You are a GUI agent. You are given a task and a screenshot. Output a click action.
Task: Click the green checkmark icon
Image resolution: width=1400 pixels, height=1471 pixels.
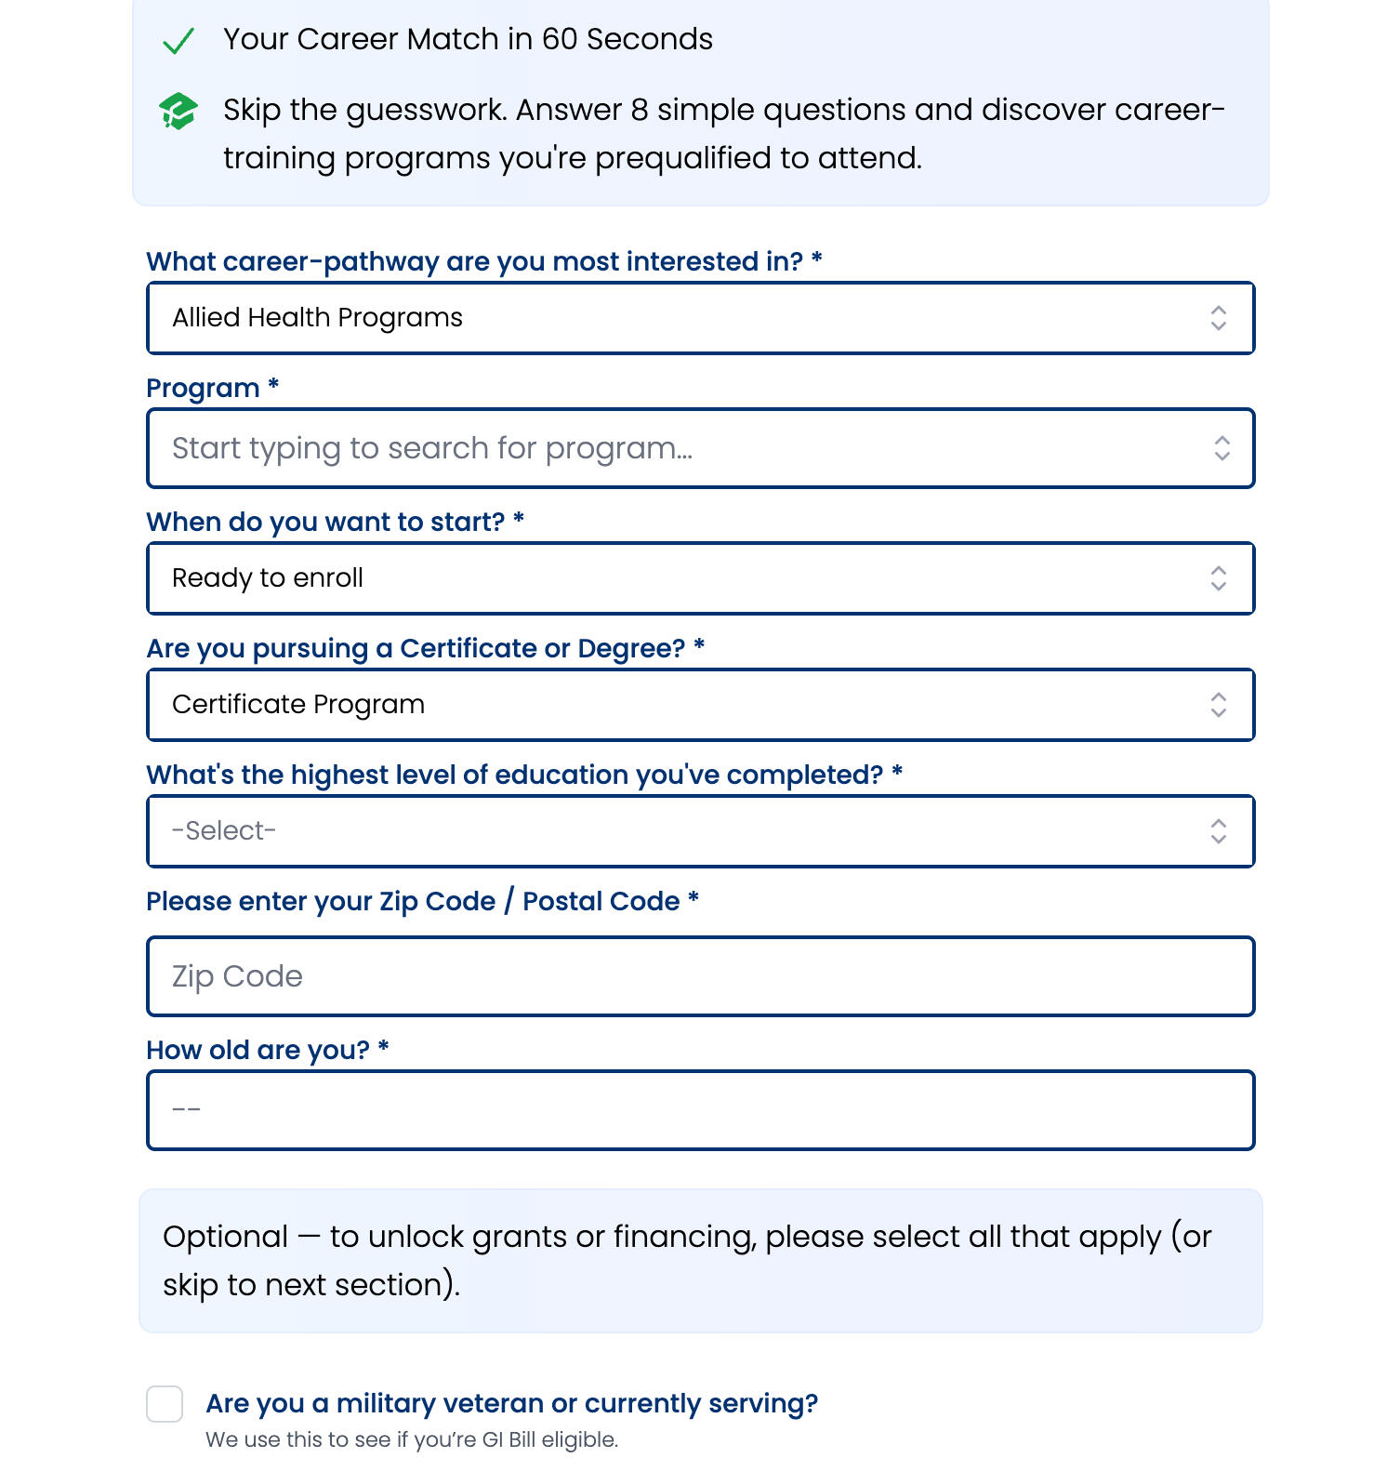(178, 41)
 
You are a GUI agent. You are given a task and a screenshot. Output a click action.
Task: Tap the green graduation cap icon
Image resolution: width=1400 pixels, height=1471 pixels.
(178, 112)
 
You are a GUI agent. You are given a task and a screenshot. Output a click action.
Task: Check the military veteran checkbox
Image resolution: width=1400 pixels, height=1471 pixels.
(165, 1404)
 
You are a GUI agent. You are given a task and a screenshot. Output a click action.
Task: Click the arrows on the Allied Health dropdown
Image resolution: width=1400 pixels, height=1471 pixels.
(1219, 318)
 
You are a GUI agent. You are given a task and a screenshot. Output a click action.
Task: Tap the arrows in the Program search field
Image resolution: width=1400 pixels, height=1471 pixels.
(1222, 448)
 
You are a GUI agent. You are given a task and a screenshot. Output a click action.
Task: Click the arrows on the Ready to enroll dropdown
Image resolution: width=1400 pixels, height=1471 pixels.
(1219, 578)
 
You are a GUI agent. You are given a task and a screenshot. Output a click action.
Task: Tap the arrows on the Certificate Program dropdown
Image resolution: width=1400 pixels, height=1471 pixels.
(1219, 705)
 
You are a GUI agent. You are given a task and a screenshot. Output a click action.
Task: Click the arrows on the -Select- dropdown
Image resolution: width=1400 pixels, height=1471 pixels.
(1219, 831)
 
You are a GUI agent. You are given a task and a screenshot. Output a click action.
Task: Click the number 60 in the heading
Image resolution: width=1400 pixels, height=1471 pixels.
(559, 39)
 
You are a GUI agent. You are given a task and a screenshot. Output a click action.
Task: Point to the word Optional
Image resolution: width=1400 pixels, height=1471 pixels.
(225, 1237)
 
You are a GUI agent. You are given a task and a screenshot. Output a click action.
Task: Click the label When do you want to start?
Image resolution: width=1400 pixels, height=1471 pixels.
(325, 523)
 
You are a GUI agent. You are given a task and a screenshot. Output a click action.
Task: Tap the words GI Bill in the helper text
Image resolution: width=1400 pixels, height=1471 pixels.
(508, 1440)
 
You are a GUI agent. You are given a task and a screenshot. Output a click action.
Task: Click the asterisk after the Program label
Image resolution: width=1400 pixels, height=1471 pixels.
(273, 384)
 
